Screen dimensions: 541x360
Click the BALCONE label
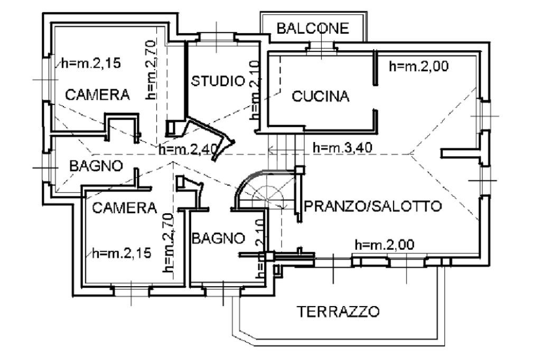[x=313, y=29]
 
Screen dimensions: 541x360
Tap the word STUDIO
[x=218, y=81]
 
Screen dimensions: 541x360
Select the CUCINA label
[x=321, y=96]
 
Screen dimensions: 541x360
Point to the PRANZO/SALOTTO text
[x=373, y=206]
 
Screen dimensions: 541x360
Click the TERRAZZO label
[x=339, y=312]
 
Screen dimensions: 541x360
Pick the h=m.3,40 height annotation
[x=342, y=148]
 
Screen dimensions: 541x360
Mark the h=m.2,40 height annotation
[x=189, y=149]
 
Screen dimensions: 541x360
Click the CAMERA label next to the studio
[x=97, y=94]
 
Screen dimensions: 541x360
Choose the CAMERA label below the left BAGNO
[x=125, y=208]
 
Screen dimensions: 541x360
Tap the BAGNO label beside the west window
[x=96, y=166]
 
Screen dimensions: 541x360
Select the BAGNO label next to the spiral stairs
[x=218, y=238]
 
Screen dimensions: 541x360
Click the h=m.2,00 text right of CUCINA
[x=419, y=66]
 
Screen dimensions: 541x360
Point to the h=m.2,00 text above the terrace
[x=385, y=245]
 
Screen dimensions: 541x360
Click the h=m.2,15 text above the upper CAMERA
[x=91, y=63]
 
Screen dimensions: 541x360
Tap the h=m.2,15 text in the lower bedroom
[x=122, y=253]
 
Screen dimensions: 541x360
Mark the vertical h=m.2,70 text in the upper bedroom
[x=151, y=70]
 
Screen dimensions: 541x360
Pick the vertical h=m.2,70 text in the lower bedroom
[x=168, y=243]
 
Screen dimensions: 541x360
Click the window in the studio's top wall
[x=216, y=37]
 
